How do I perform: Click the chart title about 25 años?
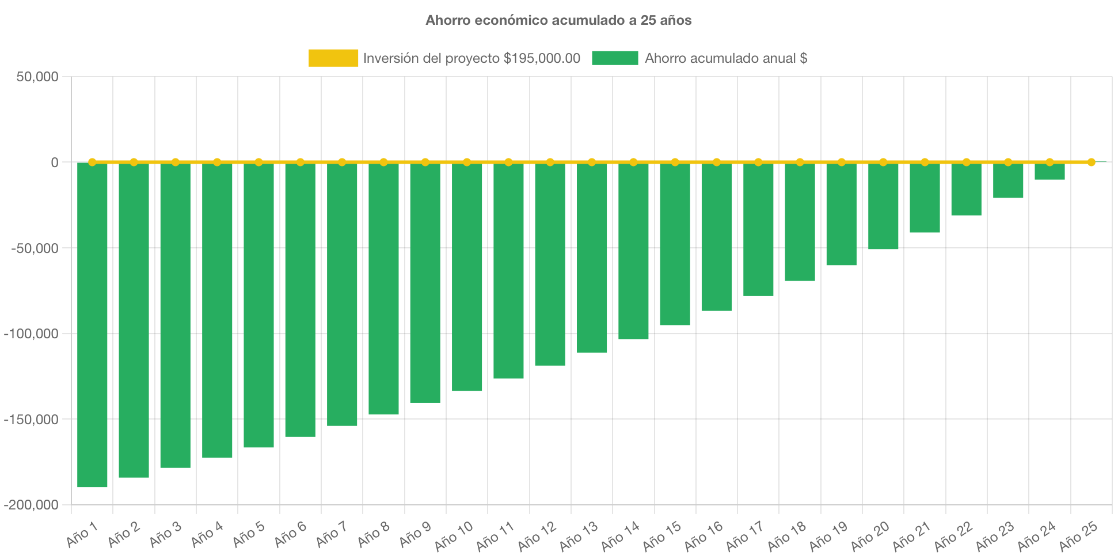click(558, 20)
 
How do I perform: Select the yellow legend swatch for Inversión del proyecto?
click(333, 58)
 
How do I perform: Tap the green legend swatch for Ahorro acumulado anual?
click(615, 58)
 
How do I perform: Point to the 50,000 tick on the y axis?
click(37, 77)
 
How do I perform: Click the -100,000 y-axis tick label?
click(32, 334)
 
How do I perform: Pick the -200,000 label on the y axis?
click(32, 505)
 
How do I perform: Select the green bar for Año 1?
click(92, 324)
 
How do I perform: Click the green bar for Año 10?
click(467, 277)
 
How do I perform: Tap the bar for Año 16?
click(717, 236)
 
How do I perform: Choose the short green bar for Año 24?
click(1049, 171)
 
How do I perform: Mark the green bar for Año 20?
click(883, 206)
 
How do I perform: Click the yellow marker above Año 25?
click(1091, 162)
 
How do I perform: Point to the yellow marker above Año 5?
click(258, 162)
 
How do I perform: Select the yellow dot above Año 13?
click(592, 162)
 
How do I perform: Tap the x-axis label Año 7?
click(332, 534)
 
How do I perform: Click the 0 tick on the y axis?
click(55, 163)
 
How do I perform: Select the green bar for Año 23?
click(1008, 180)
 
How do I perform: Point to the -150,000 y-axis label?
click(32, 420)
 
